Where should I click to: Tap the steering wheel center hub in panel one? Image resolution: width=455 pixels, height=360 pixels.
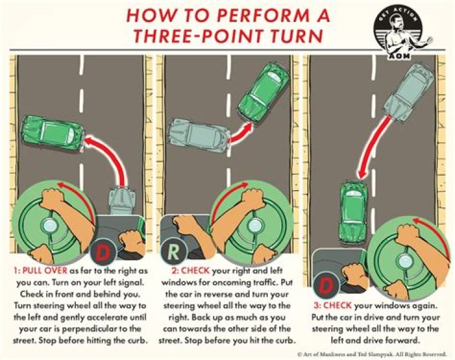pos(49,226)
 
